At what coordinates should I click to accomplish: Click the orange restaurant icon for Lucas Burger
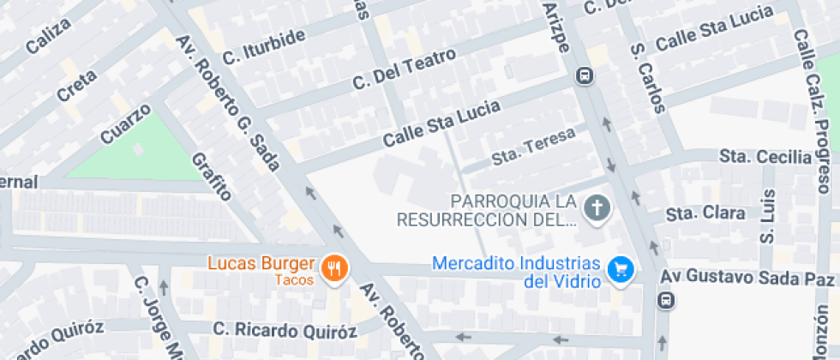(333, 269)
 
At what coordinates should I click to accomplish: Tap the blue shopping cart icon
(620, 270)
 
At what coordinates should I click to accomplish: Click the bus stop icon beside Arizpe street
(585, 76)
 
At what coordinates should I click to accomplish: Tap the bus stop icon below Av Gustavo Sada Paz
(665, 300)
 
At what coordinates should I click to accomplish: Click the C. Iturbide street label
(263, 46)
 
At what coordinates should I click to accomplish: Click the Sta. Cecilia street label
(765, 157)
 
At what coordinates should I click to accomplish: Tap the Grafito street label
(212, 177)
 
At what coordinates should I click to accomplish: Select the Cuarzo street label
(125, 124)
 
